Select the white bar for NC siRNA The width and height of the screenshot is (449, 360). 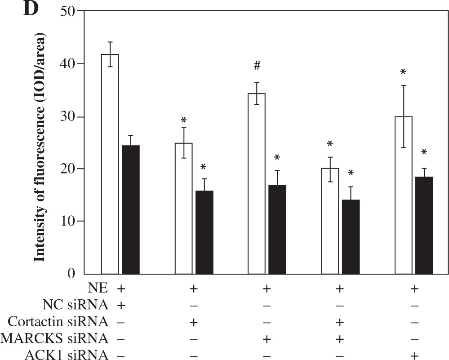(x=110, y=164)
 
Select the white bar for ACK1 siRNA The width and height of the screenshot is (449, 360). (x=404, y=195)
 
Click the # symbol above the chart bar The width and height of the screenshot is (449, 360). (x=257, y=66)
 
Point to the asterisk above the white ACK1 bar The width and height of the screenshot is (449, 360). (x=403, y=72)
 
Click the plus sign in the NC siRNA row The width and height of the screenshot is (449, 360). (x=120, y=306)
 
